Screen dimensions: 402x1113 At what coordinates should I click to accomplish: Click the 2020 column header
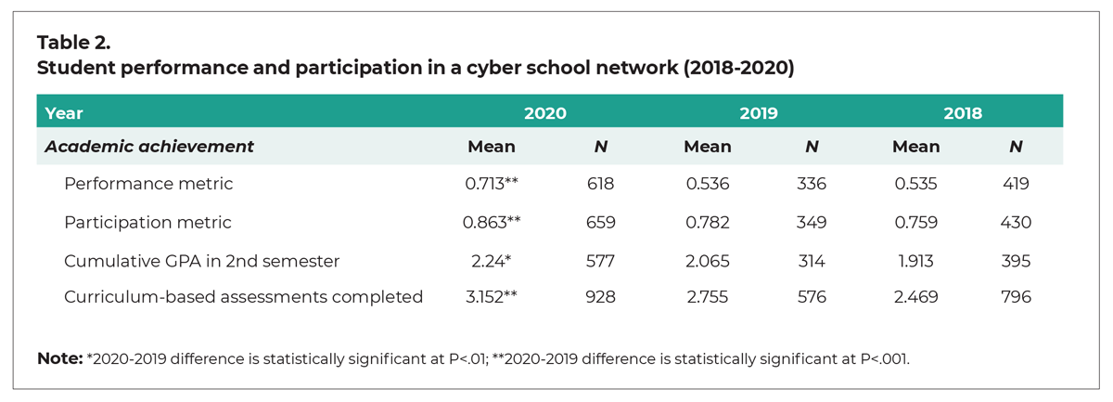545,113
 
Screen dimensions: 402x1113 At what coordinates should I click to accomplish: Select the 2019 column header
759,113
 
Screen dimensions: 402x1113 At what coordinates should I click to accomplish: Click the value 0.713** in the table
491,184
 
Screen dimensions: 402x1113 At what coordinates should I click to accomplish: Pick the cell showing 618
601,184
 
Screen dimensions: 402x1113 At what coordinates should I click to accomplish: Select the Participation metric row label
147,223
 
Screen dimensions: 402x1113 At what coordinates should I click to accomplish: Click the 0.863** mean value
491,223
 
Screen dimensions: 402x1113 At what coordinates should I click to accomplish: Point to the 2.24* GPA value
491,262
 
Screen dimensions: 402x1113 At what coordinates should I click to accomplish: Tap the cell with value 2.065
707,262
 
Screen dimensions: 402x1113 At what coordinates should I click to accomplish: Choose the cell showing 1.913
915,262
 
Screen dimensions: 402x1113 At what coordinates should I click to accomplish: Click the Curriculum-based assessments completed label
243,297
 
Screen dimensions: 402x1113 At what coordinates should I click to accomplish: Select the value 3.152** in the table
491,297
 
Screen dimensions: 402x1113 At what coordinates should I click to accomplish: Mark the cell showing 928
601,297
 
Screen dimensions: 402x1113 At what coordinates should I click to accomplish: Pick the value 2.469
915,297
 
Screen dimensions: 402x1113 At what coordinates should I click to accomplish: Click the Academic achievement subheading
149,147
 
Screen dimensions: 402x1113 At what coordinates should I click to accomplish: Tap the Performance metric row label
148,184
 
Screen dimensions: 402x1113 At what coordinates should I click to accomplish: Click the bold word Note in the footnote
58,357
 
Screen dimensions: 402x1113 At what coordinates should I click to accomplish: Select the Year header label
64,113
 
